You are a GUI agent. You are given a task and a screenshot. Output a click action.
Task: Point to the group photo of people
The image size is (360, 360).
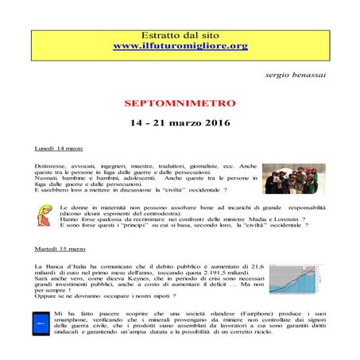[x=294, y=179]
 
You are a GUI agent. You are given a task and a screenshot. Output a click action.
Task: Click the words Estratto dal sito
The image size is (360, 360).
[x=180, y=36]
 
